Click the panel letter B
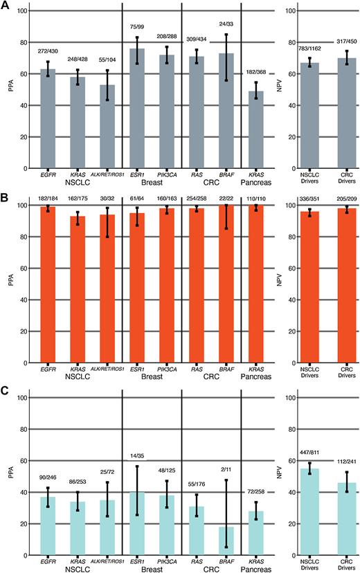6,198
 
